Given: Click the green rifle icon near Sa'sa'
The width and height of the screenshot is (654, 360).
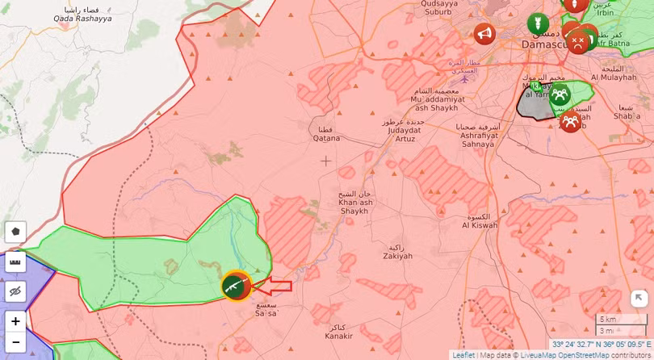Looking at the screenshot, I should (x=236, y=287).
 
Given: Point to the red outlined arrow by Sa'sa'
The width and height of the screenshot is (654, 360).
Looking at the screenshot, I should (x=278, y=286).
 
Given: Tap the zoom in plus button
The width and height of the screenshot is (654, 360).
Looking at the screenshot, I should (x=15, y=321).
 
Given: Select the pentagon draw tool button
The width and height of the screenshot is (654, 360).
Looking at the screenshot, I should (x=15, y=232).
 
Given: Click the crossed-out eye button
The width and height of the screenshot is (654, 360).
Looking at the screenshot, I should (x=15, y=291).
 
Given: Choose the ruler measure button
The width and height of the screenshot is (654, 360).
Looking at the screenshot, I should (x=15, y=262).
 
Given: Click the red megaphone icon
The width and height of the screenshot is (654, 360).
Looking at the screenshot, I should (x=484, y=34).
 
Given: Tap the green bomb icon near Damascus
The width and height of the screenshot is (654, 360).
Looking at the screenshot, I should (x=537, y=24).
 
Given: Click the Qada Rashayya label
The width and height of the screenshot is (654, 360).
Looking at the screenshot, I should (x=78, y=14).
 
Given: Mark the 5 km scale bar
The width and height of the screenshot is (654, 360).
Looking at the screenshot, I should (x=620, y=320).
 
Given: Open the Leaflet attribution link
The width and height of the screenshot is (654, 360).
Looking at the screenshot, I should (x=463, y=355).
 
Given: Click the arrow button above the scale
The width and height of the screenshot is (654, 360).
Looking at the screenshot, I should (x=639, y=299).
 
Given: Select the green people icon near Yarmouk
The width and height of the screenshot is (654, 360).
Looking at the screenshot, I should (x=559, y=94).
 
